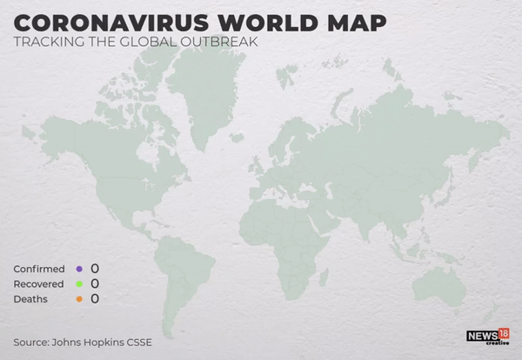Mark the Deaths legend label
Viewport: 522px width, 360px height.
[x=30, y=299]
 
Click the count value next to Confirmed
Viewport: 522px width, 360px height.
[x=95, y=268]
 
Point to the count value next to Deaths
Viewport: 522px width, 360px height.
[x=95, y=298]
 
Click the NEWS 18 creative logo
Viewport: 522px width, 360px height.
[x=487, y=337]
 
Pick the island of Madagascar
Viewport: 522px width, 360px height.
[x=324, y=277]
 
